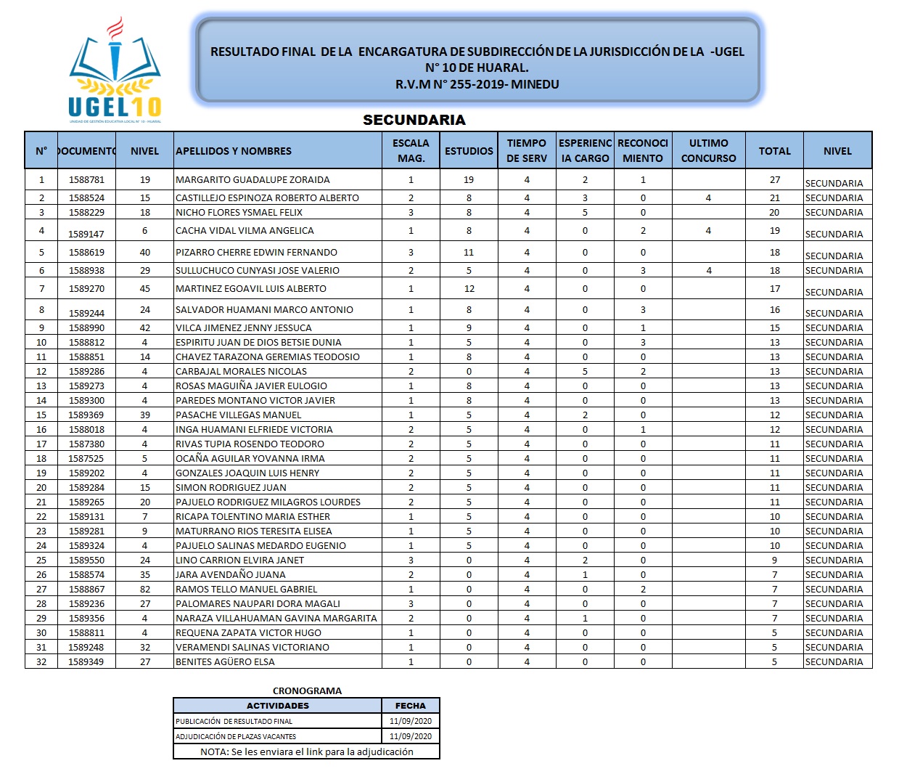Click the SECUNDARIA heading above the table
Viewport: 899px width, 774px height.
tap(414, 120)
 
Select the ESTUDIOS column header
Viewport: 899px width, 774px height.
tap(469, 151)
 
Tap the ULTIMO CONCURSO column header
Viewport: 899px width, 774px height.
tap(708, 151)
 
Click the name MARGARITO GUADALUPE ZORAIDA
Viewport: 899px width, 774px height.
tap(253, 180)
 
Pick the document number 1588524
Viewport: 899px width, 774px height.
tap(86, 197)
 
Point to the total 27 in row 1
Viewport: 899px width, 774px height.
tap(775, 180)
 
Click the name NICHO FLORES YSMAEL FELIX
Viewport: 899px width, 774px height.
tap(239, 213)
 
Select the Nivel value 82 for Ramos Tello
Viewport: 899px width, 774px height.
tap(145, 590)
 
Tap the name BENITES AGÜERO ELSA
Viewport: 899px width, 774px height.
tap(225, 662)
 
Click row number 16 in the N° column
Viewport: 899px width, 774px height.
tap(41, 430)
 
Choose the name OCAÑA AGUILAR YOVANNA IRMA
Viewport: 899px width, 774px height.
tap(250, 459)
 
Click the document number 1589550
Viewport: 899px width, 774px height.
tap(86, 561)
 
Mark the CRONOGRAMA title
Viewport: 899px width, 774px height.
tap(307, 691)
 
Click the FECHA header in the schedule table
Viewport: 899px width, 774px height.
tap(411, 706)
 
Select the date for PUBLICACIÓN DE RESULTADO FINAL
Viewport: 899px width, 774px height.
tap(411, 721)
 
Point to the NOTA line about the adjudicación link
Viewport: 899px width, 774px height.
tap(307, 752)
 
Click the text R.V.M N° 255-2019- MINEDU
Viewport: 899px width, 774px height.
tap(477, 84)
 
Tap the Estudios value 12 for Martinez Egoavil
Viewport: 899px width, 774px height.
tap(469, 289)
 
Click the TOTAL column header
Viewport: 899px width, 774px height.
tap(775, 151)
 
